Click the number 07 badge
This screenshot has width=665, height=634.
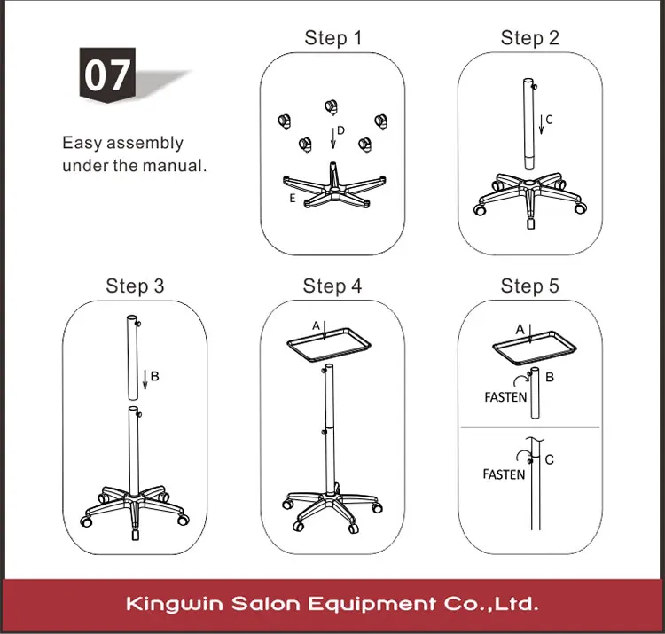click(107, 75)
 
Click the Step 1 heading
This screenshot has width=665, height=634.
click(333, 38)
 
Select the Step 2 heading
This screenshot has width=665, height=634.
click(529, 38)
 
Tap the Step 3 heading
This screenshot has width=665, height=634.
click(135, 286)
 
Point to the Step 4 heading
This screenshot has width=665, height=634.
click(332, 286)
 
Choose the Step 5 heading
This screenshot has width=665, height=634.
click(529, 286)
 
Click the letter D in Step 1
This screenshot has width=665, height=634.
click(340, 130)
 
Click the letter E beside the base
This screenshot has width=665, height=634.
click(292, 198)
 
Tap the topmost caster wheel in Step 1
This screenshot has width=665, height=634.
click(332, 107)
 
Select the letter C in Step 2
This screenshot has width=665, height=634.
click(549, 120)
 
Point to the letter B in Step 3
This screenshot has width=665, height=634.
click(155, 376)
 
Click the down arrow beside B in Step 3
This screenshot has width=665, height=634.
click(145, 380)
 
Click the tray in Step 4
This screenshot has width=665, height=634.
click(329, 345)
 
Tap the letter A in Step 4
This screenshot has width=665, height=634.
click(316, 325)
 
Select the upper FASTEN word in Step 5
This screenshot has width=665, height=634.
click(505, 397)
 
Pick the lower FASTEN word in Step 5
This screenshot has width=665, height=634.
click(504, 474)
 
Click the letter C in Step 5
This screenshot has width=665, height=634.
click(549, 459)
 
